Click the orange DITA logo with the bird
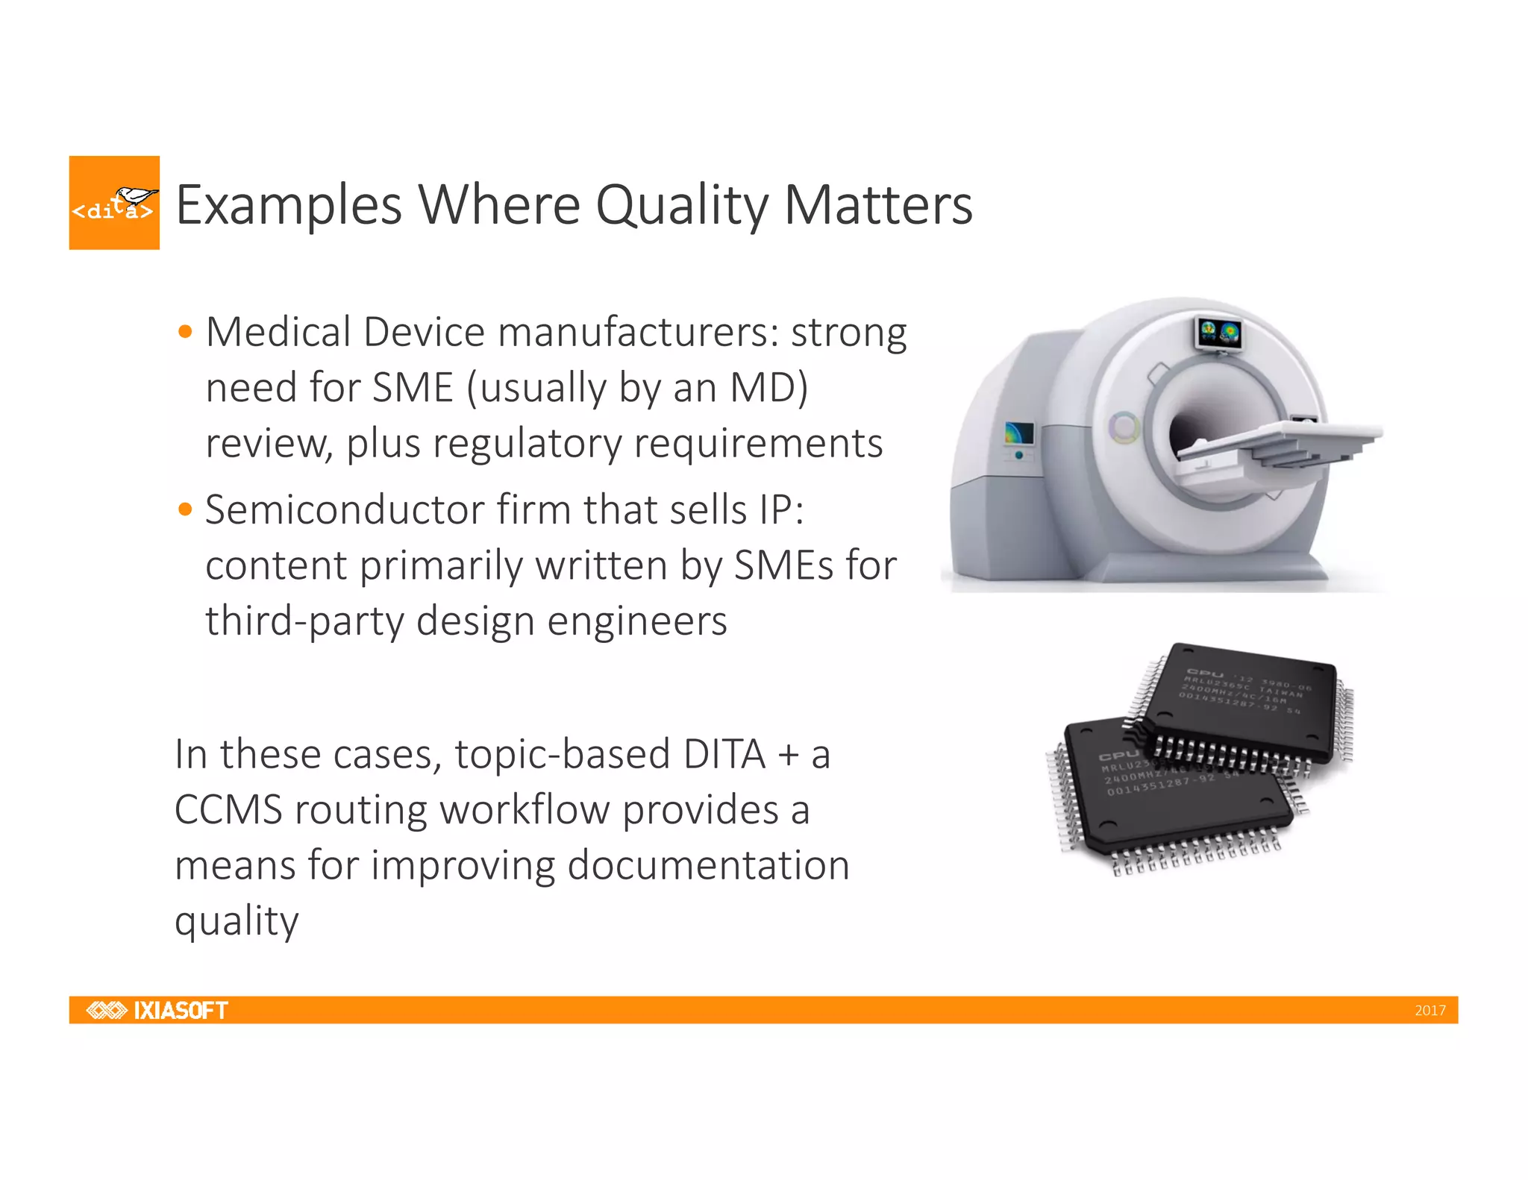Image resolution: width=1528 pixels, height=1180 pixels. point(114,203)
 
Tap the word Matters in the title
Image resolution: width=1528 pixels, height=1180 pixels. point(879,205)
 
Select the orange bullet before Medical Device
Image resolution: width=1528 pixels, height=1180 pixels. point(186,331)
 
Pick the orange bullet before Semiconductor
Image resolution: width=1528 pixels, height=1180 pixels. point(186,510)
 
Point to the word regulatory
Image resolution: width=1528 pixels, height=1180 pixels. point(527,444)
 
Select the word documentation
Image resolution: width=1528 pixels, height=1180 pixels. point(708,865)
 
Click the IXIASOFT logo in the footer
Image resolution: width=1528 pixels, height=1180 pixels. point(157,1010)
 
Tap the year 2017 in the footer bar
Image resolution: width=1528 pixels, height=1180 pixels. point(1430,1011)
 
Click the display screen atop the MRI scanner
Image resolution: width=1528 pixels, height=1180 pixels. point(1218,332)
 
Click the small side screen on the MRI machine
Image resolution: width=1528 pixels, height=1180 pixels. point(1018,433)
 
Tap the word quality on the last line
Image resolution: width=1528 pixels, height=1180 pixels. point(237,922)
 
